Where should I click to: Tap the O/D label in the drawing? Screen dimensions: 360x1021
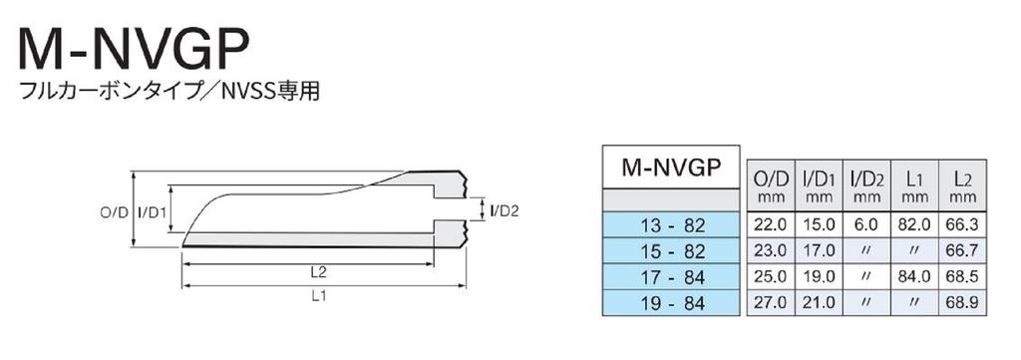tap(115, 212)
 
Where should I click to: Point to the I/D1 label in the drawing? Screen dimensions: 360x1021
tap(152, 212)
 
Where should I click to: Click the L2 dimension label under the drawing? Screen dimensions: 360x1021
tap(319, 271)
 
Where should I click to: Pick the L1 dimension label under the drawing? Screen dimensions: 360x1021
tap(319, 295)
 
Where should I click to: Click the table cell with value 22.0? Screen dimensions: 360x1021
tap(770, 225)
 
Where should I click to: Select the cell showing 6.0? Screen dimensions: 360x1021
tap(866, 225)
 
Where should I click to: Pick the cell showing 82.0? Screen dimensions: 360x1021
tap(914, 225)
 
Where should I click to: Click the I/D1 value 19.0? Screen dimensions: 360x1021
tap(818, 274)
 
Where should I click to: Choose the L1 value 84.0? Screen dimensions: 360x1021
tap(914, 274)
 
